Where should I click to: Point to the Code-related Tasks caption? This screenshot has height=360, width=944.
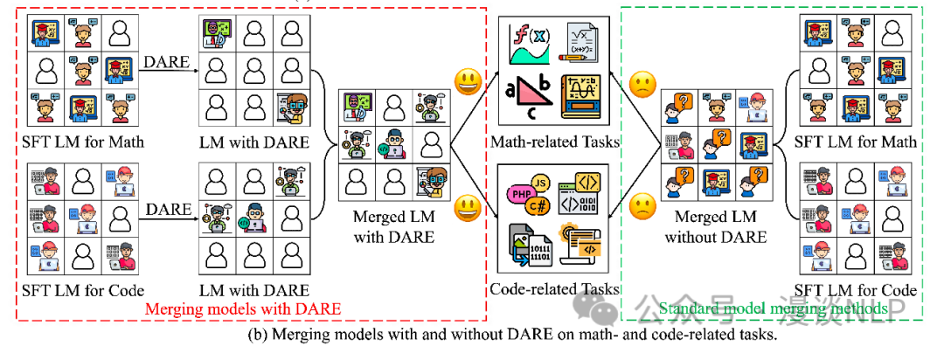[557, 288]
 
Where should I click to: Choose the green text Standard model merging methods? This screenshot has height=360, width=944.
[773, 308]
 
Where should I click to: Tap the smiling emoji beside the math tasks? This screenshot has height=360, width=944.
[468, 83]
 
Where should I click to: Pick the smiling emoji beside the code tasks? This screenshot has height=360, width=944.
[468, 209]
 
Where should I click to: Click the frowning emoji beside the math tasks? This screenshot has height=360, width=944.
[642, 85]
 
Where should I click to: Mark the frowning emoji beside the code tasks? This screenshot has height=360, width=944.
[642, 209]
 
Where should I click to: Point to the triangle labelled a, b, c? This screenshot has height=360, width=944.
[528, 97]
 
